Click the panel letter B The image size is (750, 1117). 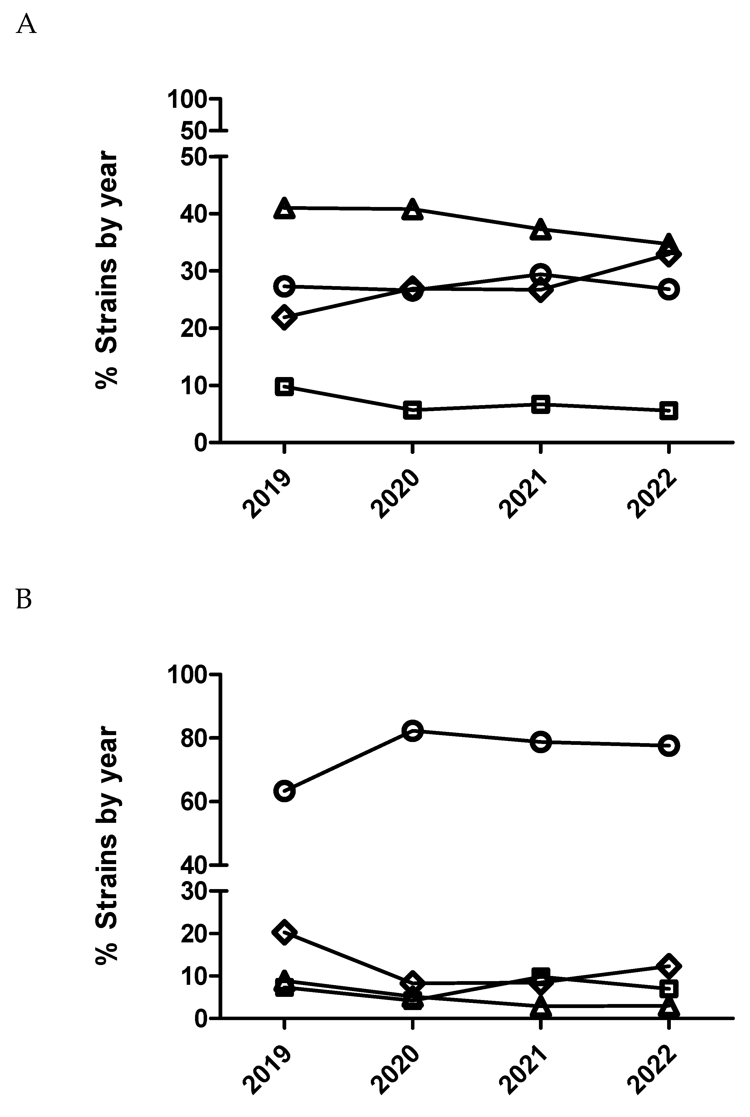24,599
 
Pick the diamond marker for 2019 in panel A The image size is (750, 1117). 284,317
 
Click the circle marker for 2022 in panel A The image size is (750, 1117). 668,289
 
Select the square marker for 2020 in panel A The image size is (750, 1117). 412,410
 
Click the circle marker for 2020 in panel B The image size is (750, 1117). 412,731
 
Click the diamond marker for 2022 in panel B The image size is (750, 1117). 668,966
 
